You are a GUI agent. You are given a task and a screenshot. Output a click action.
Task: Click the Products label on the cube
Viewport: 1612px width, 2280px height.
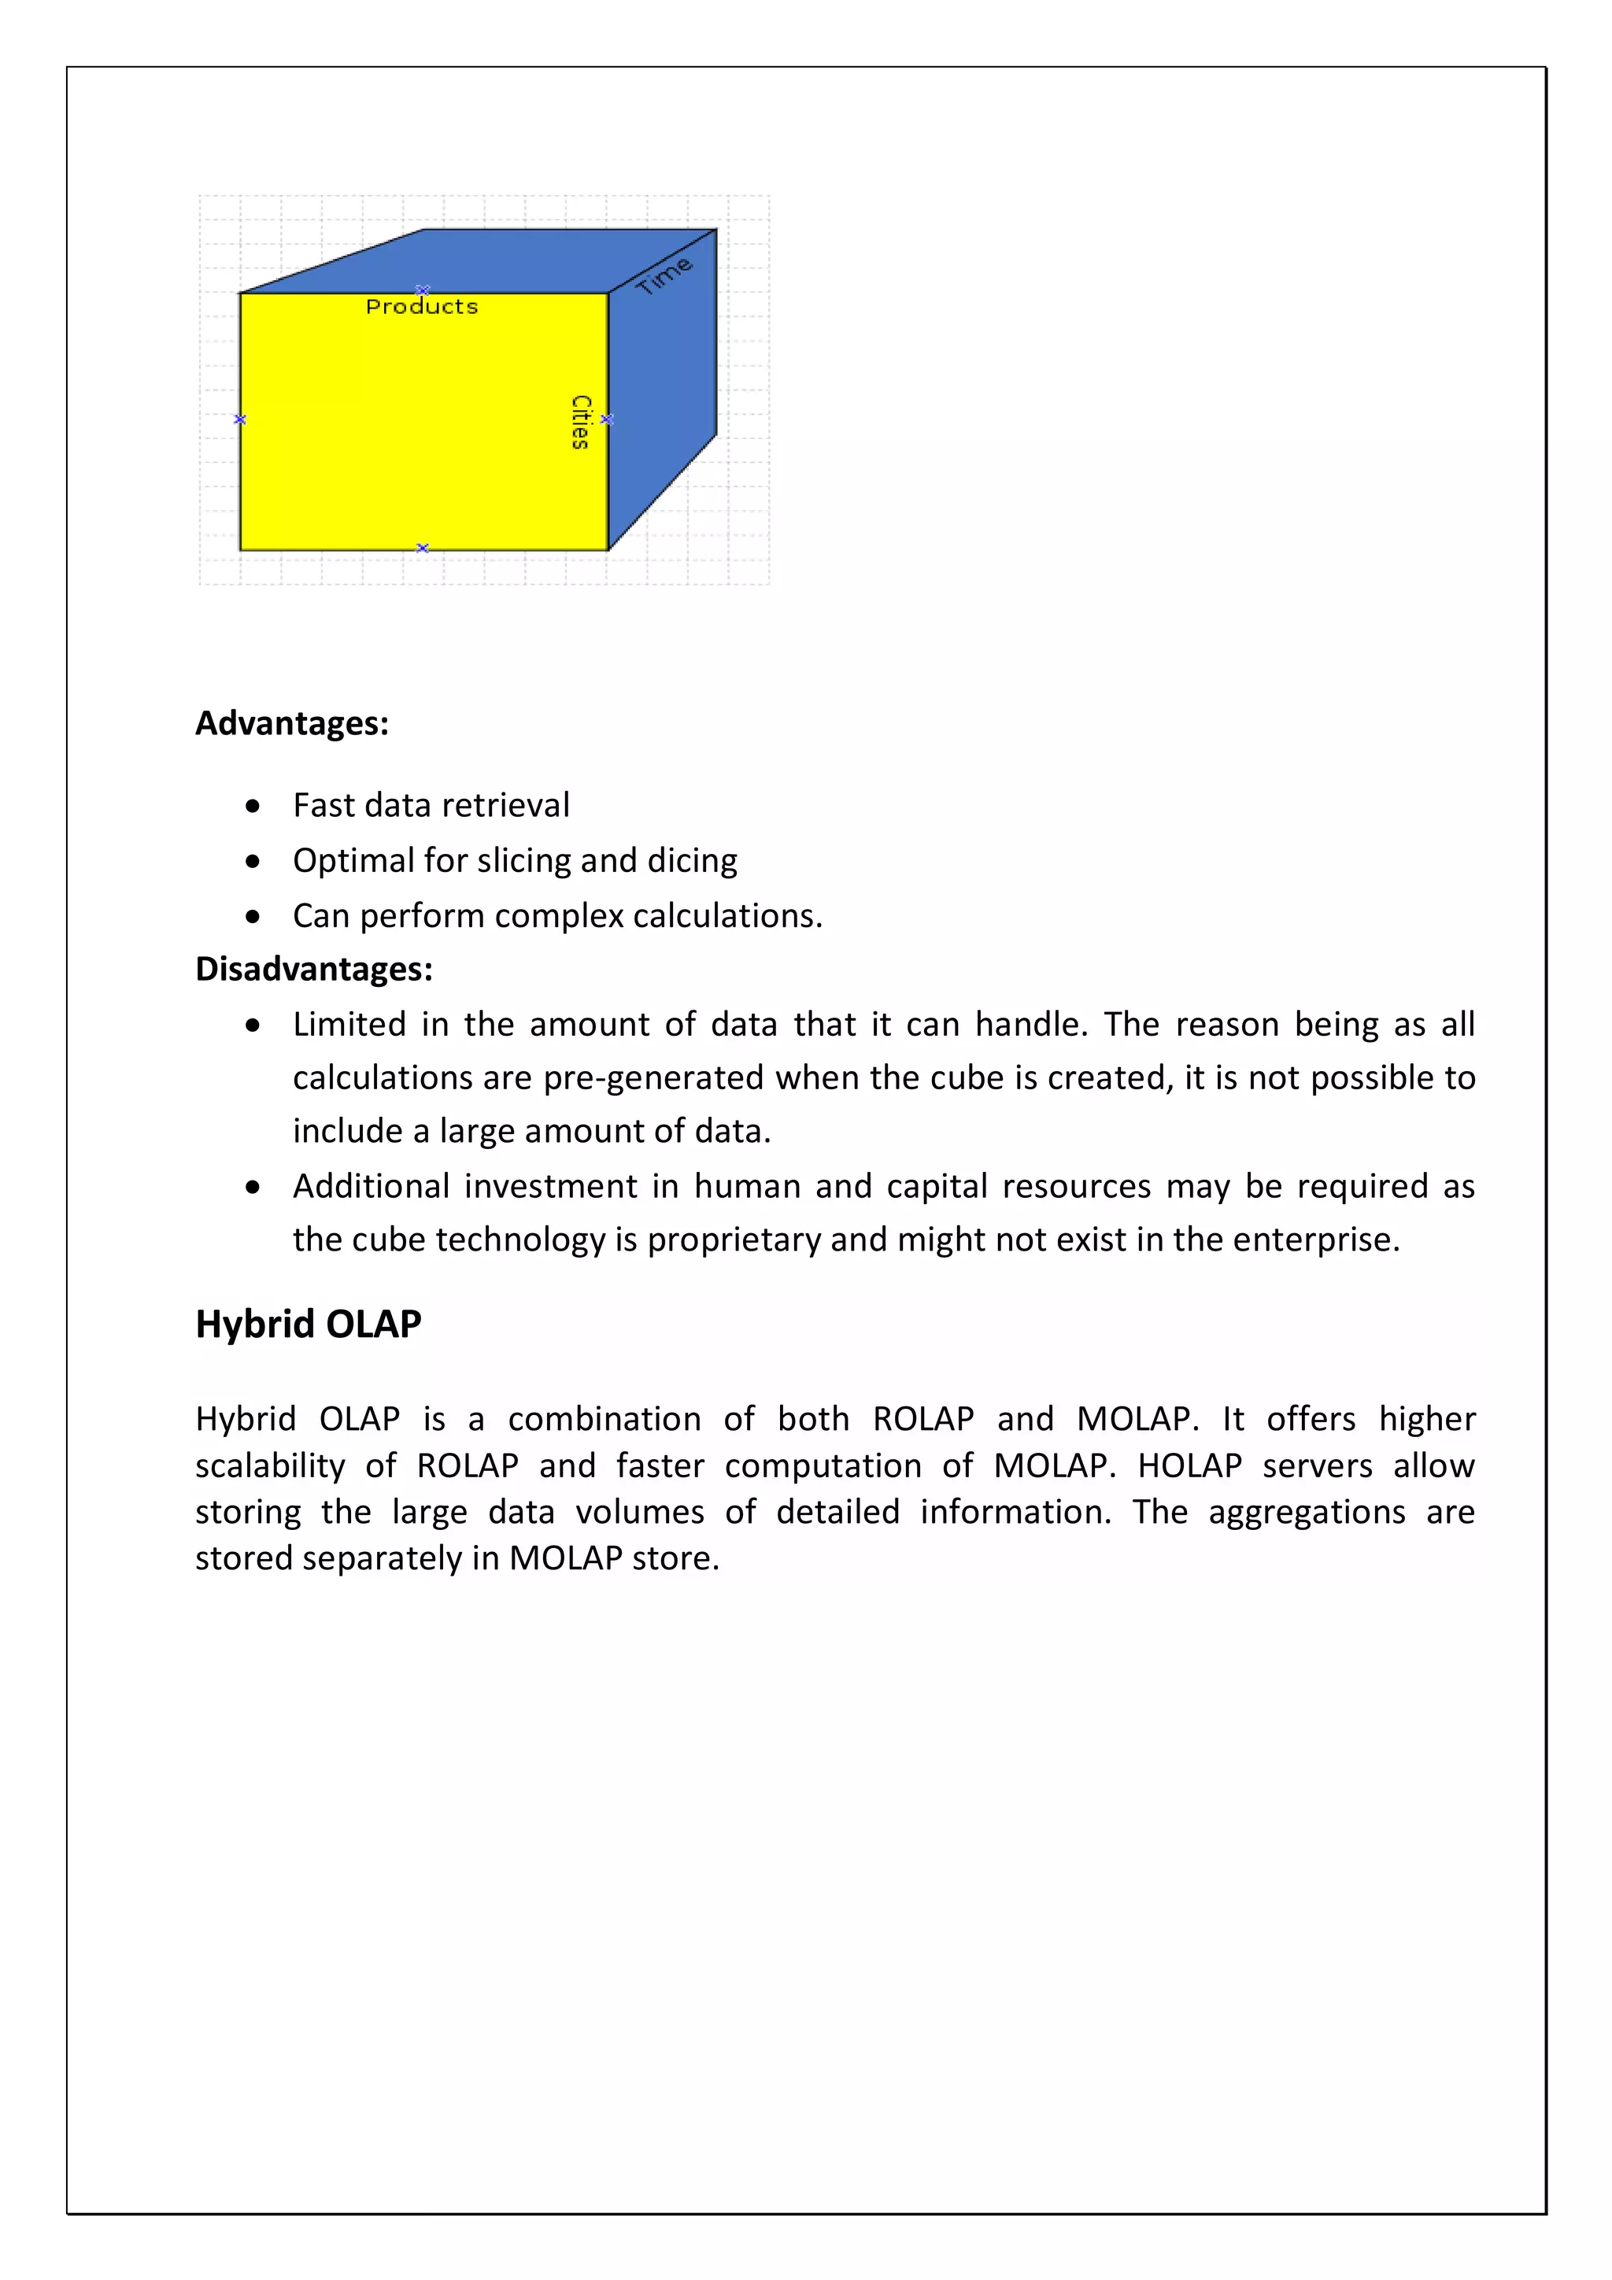[421, 307]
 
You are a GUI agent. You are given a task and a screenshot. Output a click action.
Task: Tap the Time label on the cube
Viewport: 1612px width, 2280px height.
[664, 275]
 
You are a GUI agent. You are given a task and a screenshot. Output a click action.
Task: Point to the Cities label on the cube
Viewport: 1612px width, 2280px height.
[581, 422]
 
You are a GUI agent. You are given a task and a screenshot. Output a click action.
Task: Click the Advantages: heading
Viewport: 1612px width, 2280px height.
[292, 723]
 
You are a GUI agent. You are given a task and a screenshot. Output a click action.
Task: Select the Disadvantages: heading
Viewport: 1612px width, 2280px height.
[314, 968]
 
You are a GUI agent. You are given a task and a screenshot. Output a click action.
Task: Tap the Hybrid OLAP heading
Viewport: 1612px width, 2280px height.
[308, 1324]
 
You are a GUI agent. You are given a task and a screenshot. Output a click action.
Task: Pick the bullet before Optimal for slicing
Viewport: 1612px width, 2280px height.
[253, 861]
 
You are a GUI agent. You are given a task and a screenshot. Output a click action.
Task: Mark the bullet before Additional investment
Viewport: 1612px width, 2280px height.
[253, 1187]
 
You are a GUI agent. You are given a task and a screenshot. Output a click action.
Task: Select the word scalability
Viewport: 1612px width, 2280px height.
[270, 1465]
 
